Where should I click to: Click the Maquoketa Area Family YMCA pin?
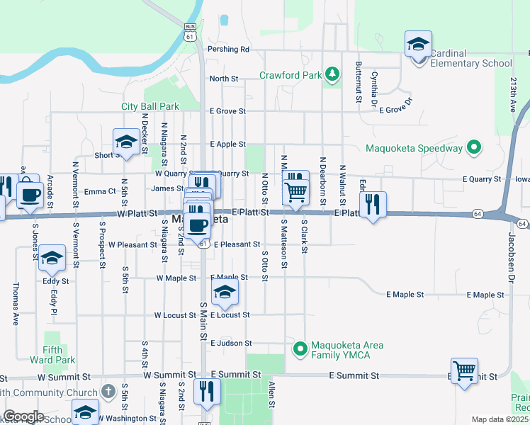[x=300, y=349]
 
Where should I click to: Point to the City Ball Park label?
[x=150, y=106]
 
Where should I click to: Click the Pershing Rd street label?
[x=229, y=50]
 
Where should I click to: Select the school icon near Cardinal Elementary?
[x=418, y=44]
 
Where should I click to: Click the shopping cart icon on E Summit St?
[x=464, y=370]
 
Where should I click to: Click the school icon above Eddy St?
[x=52, y=259]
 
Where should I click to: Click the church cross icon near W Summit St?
[x=108, y=391]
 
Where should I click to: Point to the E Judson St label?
[x=231, y=343]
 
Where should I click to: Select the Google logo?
[x=23, y=417]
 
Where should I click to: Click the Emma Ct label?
[x=100, y=191]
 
